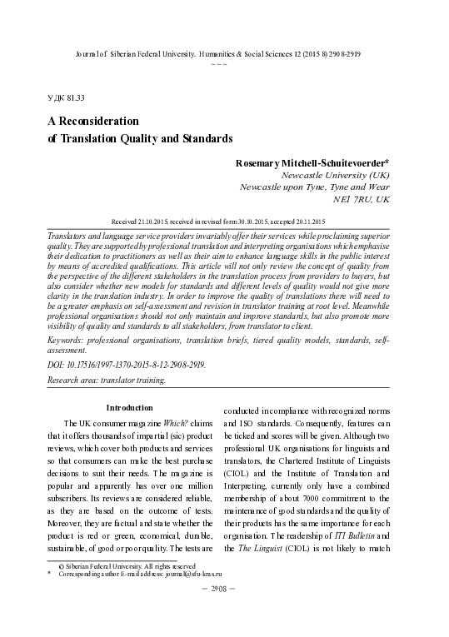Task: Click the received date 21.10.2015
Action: click(x=167, y=222)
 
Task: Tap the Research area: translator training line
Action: click(x=107, y=380)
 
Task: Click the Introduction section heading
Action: click(x=129, y=408)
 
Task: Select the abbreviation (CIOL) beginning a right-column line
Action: click(x=238, y=477)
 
